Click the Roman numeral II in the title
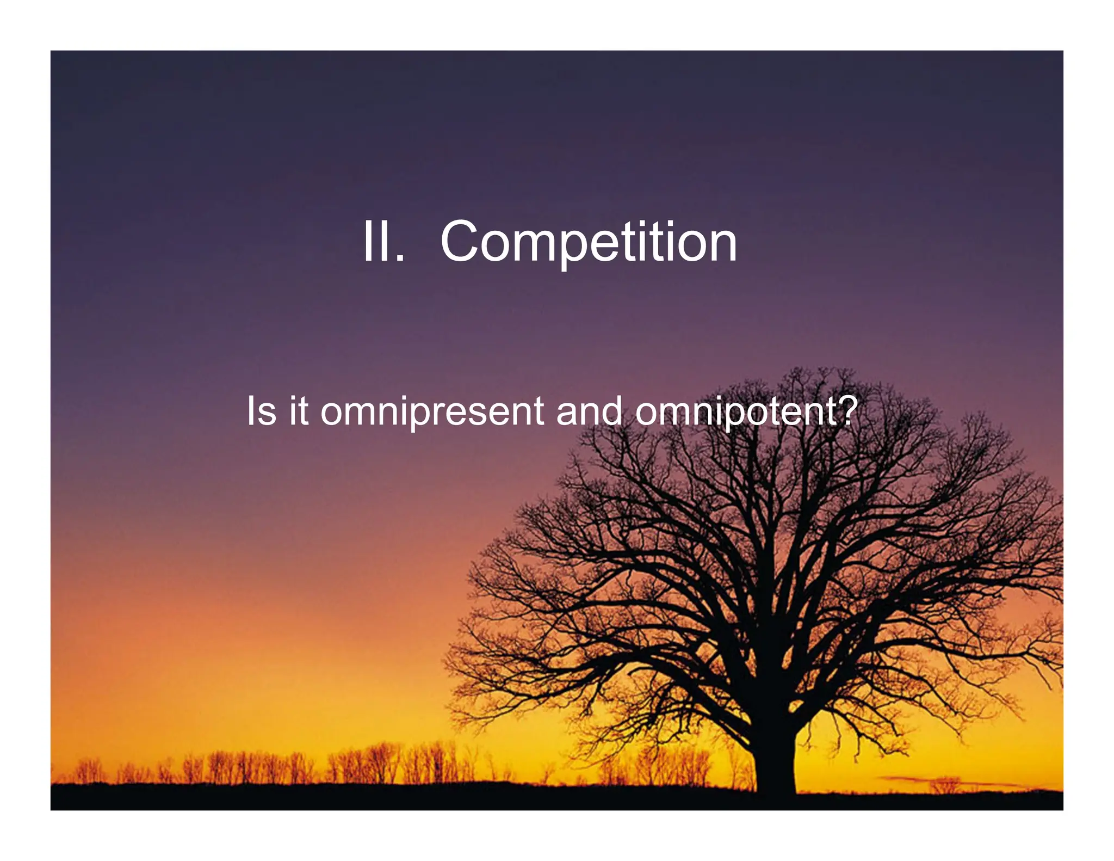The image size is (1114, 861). click(x=375, y=242)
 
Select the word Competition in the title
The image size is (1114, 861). click(x=588, y=243)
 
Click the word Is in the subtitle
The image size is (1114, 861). click(x=261, y=411)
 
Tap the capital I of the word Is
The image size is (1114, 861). click(x=250, y=411)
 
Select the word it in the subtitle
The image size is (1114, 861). click(x=299, y=411)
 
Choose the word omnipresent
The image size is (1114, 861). click(x=432, y=413)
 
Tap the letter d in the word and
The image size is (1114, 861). click(x=612, y=411)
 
